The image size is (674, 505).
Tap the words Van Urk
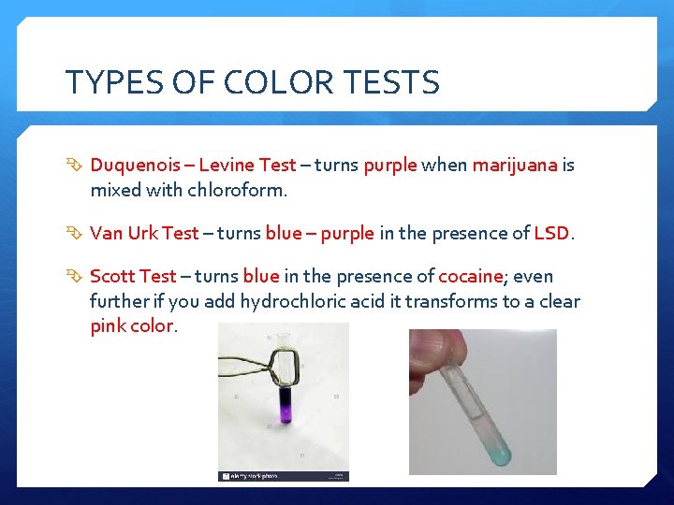point(125,233)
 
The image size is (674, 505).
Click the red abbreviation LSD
point(550,233)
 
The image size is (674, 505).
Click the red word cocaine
point(471,276)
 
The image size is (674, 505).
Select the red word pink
point(108,326)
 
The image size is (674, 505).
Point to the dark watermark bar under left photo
point(284,476)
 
